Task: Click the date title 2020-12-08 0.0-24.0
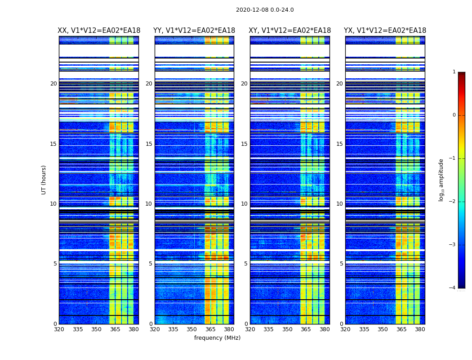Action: [x=265, y=10]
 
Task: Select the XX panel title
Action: [x=99, y=31]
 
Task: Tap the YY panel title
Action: [x=194, y=31]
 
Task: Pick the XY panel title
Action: [x=289, y=31]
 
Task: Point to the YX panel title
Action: [x=385, y=31]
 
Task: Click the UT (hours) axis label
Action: [x=44, y=180]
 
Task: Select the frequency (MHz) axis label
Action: [x=217, y=338]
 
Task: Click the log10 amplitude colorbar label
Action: [x=441, y=180]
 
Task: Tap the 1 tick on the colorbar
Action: [x=454, y=72]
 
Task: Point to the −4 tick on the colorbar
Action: [x=453, y=288]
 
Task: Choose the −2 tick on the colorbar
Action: [x=453, y=202]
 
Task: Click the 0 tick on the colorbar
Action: [x=454, y=115]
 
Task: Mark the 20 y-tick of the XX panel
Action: [x=53, y=84]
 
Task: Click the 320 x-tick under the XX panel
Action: [x=59, y=329]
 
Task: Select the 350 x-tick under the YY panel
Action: [x=192, y=329]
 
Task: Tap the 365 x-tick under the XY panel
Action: [x=306, y=329]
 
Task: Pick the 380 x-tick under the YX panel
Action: [x=420, y=329]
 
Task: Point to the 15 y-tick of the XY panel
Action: [x=244, y=144]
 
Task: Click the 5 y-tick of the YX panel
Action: [x=341, y=264]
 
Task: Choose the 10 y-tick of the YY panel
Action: [x=149, y=204]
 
